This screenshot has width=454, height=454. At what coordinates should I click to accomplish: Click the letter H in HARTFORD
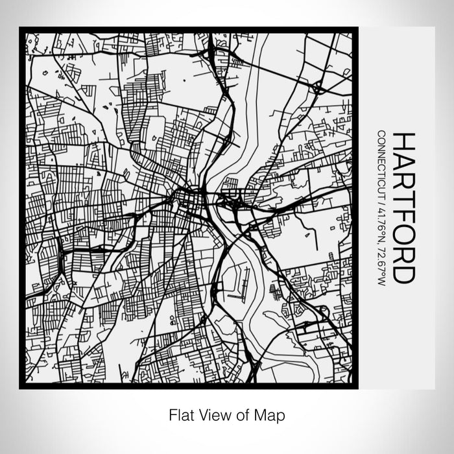point(403,141)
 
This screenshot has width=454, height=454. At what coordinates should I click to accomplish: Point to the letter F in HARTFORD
point(403,215)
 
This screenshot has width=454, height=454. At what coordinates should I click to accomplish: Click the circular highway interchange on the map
point(317,87)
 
